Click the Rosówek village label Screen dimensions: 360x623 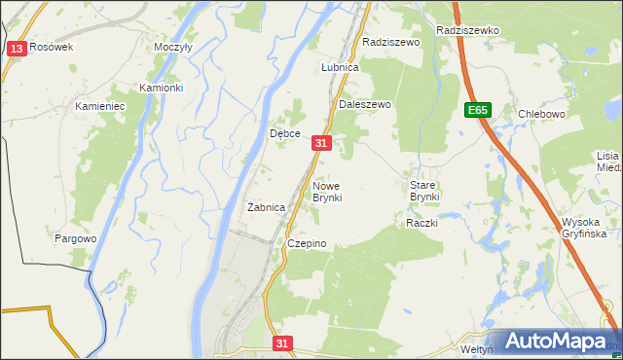pyautogui.click(x=52, y=47)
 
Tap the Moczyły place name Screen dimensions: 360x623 pyautogui.click(x=173, y=47)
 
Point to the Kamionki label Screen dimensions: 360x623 pyautogui.click(x=161, y=88)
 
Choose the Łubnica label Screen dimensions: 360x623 pyautogui.click(x=341, y=68)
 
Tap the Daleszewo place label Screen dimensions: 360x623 pyautogui.click(x=364, y=103)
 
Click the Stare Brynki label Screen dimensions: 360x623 pyautogui.click(x=424, y=191)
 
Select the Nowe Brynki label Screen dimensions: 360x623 pyautogui.click(x=326, y=191)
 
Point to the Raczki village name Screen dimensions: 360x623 pyautogui.click(x=422, y=223)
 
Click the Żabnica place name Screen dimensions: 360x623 pyautogui.click(x=266, y=207)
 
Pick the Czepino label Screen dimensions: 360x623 pyautogui.click(x=306, y=243)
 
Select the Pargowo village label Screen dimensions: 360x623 pyautogui.click(x=75, y=238)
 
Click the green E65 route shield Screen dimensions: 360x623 pyautogui.click(x=476, y=111)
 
